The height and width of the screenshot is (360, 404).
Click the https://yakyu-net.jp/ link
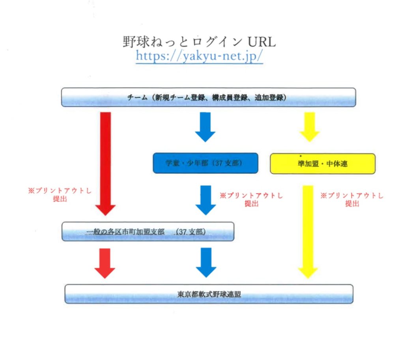point(199,56)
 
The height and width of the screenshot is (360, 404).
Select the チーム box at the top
point(208,97)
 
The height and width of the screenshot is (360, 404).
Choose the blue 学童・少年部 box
point(205,164)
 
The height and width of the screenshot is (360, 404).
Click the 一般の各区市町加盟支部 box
point(148,232)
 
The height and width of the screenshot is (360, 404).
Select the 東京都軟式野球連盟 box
point(209,294)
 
